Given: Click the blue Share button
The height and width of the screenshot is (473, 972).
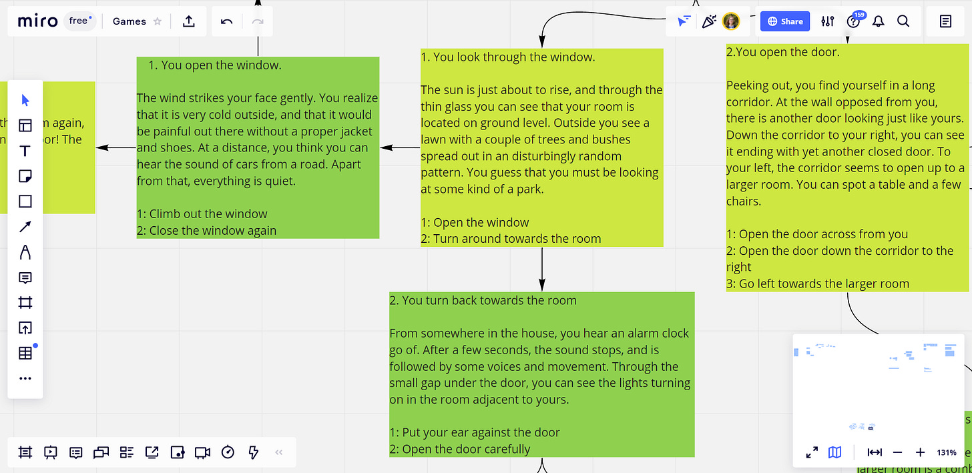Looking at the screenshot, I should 784,21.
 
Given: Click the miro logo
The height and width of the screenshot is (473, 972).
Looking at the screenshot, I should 38,21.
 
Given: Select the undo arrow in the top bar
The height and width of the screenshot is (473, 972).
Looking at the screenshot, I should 226,21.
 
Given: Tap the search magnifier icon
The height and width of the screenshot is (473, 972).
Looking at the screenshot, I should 903,21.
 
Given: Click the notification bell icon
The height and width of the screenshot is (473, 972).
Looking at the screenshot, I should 879,21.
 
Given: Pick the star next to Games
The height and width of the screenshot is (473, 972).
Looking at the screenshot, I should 158,21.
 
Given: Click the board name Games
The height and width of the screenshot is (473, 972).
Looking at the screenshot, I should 129,21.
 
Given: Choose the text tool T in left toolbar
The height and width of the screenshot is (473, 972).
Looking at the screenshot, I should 25,151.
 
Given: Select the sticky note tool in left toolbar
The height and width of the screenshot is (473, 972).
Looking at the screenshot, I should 25,177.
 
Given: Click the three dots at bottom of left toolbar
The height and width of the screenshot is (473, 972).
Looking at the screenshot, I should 25,378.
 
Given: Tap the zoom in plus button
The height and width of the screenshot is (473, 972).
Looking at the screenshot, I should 920,452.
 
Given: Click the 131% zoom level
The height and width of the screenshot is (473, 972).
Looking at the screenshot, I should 946,452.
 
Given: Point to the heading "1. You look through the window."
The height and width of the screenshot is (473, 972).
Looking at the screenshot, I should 507,57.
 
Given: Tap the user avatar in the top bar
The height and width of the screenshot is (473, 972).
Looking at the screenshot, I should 731,21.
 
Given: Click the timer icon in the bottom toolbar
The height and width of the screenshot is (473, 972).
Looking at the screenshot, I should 228,452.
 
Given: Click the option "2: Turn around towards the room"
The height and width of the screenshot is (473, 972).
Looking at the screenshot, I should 511,239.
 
